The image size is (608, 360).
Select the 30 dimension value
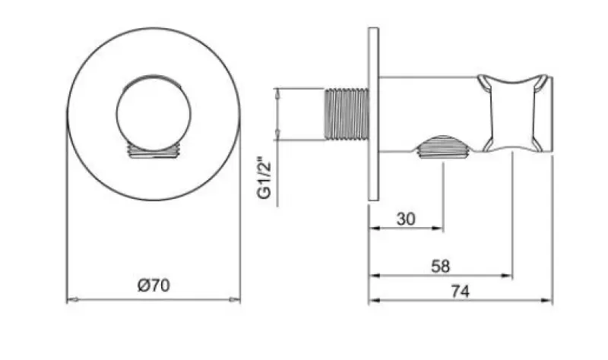point(406,219)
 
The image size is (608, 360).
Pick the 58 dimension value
point(440,267)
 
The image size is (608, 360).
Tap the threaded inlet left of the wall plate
point(347,114)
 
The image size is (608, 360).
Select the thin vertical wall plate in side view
point(374,115)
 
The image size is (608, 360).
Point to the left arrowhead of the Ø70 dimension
point(71,300)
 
